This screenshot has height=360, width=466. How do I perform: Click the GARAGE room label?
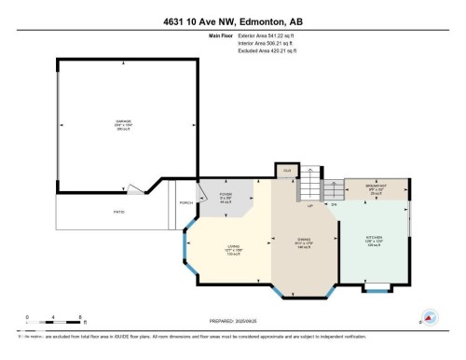[123, 124]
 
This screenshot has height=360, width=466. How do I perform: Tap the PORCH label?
[185, 201]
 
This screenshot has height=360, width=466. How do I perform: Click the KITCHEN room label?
[374, 241]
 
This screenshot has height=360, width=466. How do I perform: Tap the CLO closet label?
[287, 171]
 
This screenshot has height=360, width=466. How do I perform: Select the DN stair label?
[334, 202]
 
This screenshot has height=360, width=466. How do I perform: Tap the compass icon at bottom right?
[430, 318]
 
